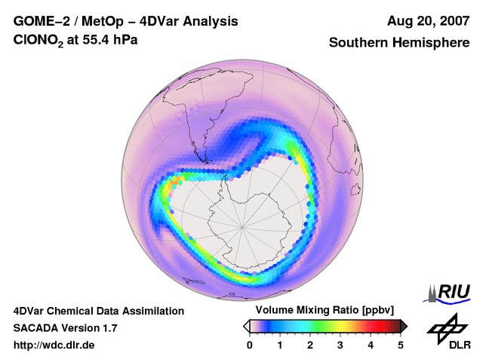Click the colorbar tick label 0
[x=250, y=345]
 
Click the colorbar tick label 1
[x=280, y=345]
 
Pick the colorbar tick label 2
[x=310, y=345]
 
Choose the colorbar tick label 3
[x=340, y=345]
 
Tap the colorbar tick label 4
[x=371, y=345]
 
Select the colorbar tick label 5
[x=401, y=345]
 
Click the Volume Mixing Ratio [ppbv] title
[x=325, y=311]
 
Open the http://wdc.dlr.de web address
[x=54, y=345]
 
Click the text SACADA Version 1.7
[x=65, y=328]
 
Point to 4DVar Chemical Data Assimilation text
[x=98, y=311]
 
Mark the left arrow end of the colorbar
[x=247, y=326]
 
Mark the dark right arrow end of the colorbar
[x=404, y=326]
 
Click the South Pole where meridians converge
[x=242, y=225]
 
